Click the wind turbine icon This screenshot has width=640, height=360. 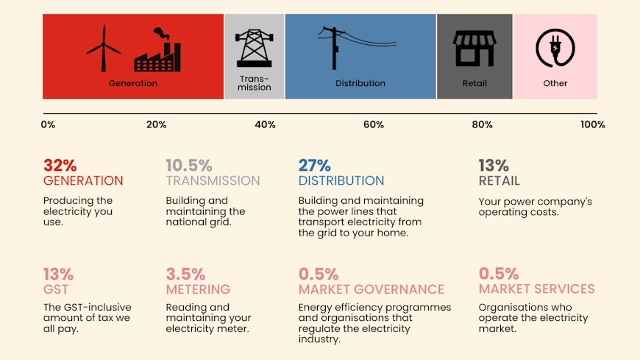(104, 49)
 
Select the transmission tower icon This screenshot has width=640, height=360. (254, 48)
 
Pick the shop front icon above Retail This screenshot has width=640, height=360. (474, 49)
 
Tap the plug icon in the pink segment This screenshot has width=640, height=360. (555, 49)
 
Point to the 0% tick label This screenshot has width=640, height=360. (48, 124)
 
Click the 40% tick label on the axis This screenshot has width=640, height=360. (265, 124)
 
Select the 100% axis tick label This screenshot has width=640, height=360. (592, 124)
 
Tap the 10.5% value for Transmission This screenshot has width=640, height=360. (188, 165)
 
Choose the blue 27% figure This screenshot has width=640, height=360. (314, 165)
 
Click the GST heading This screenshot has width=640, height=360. (56, 289)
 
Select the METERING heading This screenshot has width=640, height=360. (198, 289)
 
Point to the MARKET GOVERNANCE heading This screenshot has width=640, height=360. (371, 289)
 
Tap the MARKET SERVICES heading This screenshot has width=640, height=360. (536, 289)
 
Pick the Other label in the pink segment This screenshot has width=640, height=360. (555, 83)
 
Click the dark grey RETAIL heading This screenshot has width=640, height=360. (499, 180)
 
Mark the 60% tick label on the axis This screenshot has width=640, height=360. (373, 124)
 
